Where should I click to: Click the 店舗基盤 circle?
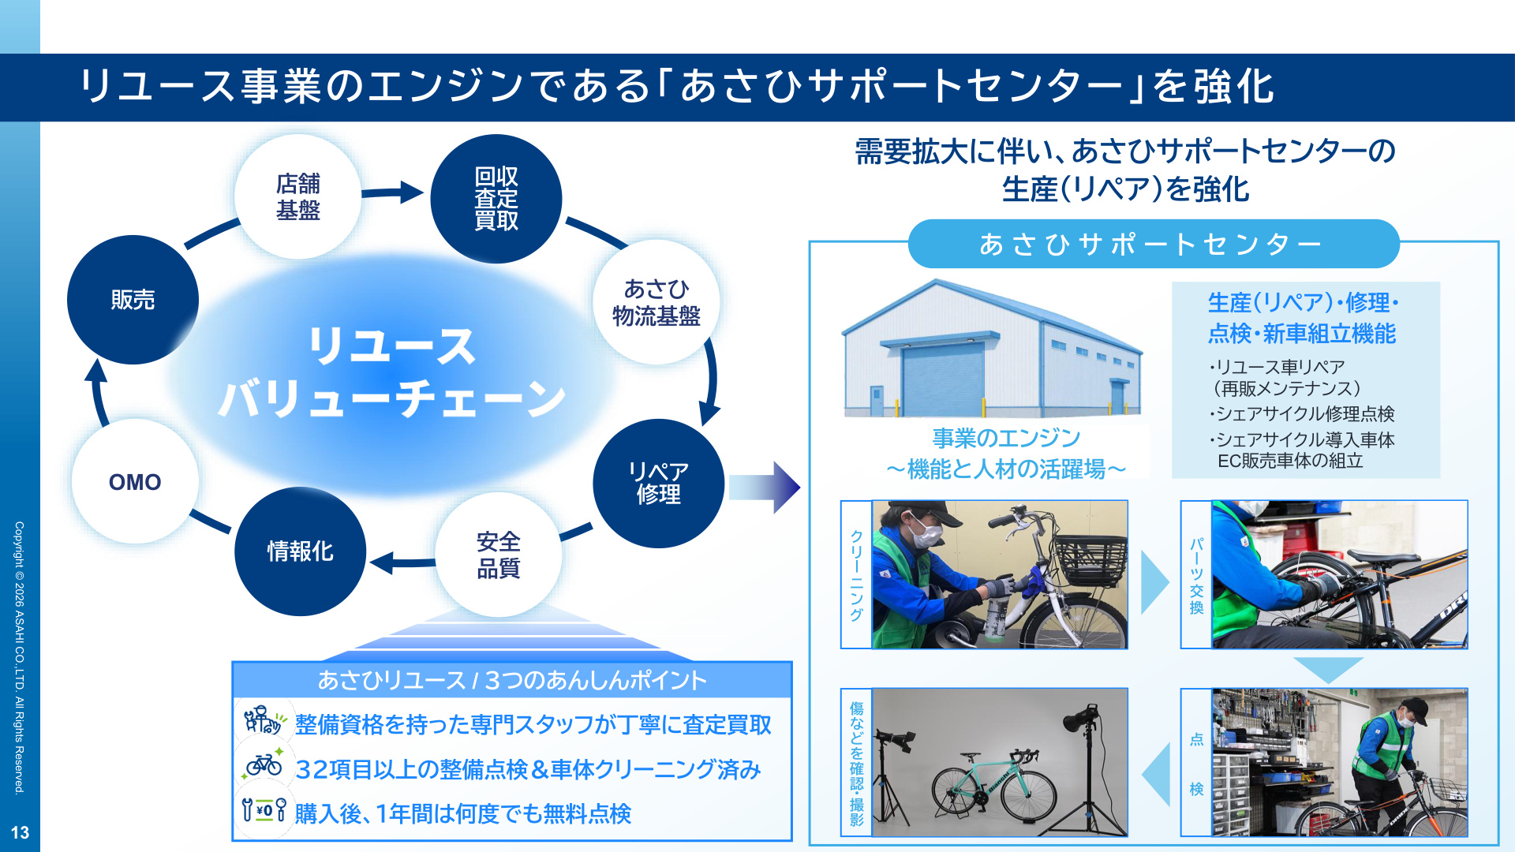point(298,196)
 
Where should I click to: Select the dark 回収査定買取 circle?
point(496,199)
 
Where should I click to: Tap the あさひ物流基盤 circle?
point(656,302)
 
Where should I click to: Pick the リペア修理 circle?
point(659,483)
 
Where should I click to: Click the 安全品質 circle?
point(499,555)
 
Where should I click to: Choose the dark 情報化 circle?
point(301,551)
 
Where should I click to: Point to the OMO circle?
point(135,481)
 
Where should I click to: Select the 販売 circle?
point(133,300)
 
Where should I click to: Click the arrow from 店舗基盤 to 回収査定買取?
point(393,192)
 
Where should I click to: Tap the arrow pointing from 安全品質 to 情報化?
point(402,562)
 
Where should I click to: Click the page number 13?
point(20,832)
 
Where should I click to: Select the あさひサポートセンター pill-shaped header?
point(1154,244)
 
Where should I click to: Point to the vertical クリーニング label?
point(856,574)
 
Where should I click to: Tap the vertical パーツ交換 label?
point(1196,575)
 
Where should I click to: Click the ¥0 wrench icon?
point(264,810)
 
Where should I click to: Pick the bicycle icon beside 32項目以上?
point(264,763)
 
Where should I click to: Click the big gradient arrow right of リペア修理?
point(764,487)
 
